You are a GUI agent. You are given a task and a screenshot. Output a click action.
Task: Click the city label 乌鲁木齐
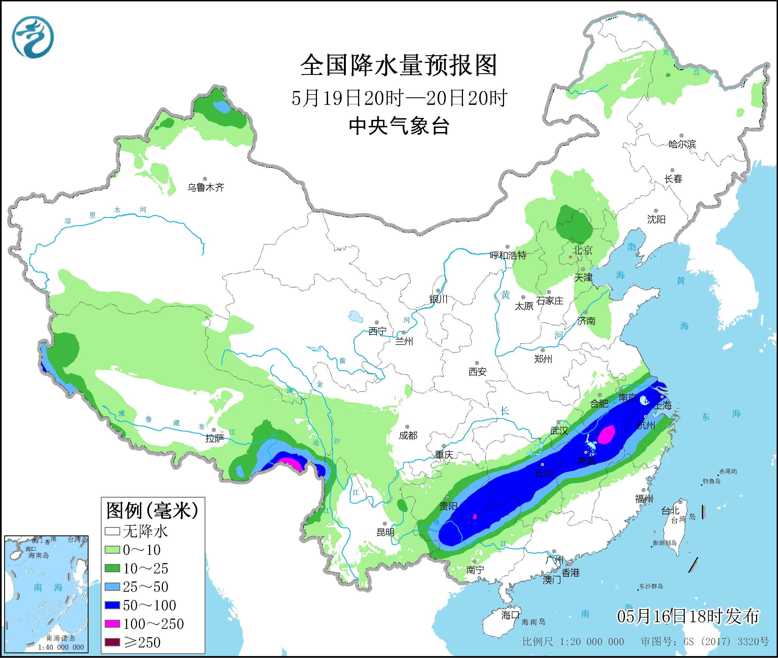coord(206,187)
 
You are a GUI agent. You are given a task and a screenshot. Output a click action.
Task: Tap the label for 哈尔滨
coord(682,144)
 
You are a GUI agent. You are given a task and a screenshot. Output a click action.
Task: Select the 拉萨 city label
coord(215,439)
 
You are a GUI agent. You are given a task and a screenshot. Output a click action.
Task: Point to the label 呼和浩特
coord(508,255)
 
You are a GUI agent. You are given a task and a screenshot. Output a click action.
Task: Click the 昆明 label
coord(386,532)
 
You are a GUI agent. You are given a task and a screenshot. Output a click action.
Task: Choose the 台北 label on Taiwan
coord(670,511)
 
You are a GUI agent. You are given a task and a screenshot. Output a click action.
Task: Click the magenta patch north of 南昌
coord(607,435)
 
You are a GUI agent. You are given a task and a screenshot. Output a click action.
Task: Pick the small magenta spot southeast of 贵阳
coord(475,517)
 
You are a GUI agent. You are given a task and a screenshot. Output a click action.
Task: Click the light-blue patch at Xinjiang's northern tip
coord(222,107)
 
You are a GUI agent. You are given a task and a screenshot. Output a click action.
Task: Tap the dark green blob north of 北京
coord(573,223)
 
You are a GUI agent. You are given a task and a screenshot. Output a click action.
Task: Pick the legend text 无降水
coord(145,531)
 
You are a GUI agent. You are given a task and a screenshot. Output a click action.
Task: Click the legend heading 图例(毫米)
coord(152,510)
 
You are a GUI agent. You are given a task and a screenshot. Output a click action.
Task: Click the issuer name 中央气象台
coord(399,126)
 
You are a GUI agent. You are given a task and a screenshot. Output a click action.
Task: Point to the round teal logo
coord(33,37)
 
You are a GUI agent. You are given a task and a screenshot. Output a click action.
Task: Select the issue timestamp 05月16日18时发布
coord(688,616)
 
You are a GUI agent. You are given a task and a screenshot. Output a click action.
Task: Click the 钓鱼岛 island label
coord(711,481)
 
